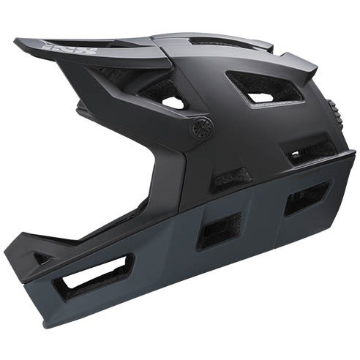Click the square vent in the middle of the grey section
(219, 230)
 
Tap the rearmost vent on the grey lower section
(307, 197)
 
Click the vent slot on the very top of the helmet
(220, 42)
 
